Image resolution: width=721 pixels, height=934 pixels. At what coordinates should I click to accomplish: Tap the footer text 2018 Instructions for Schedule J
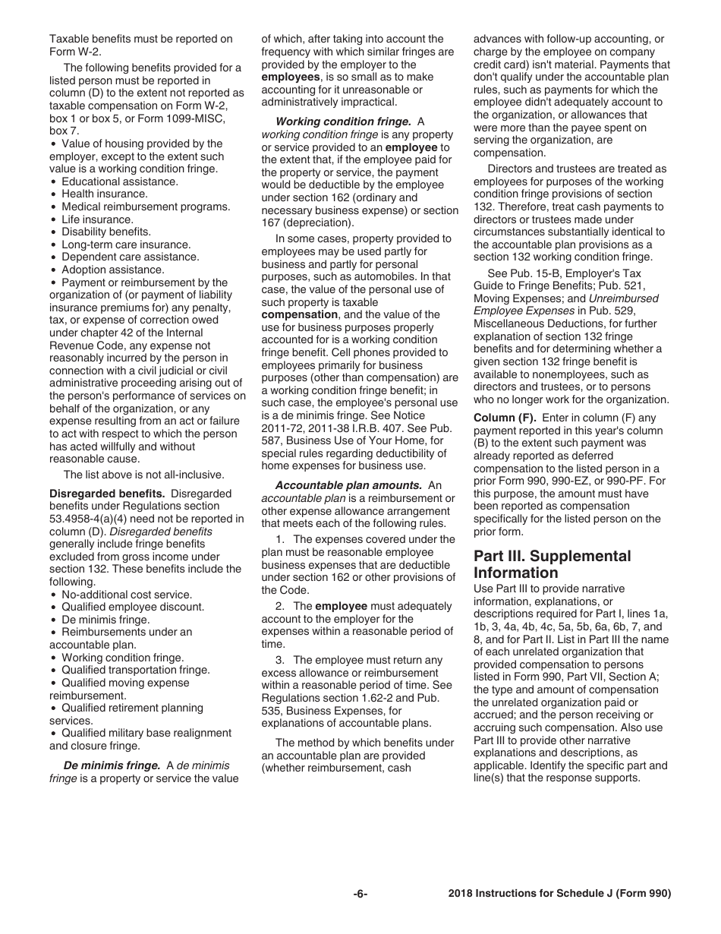(x=559, y=894)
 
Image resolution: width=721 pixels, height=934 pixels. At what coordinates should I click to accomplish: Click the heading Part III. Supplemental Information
(x=552, y=564)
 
